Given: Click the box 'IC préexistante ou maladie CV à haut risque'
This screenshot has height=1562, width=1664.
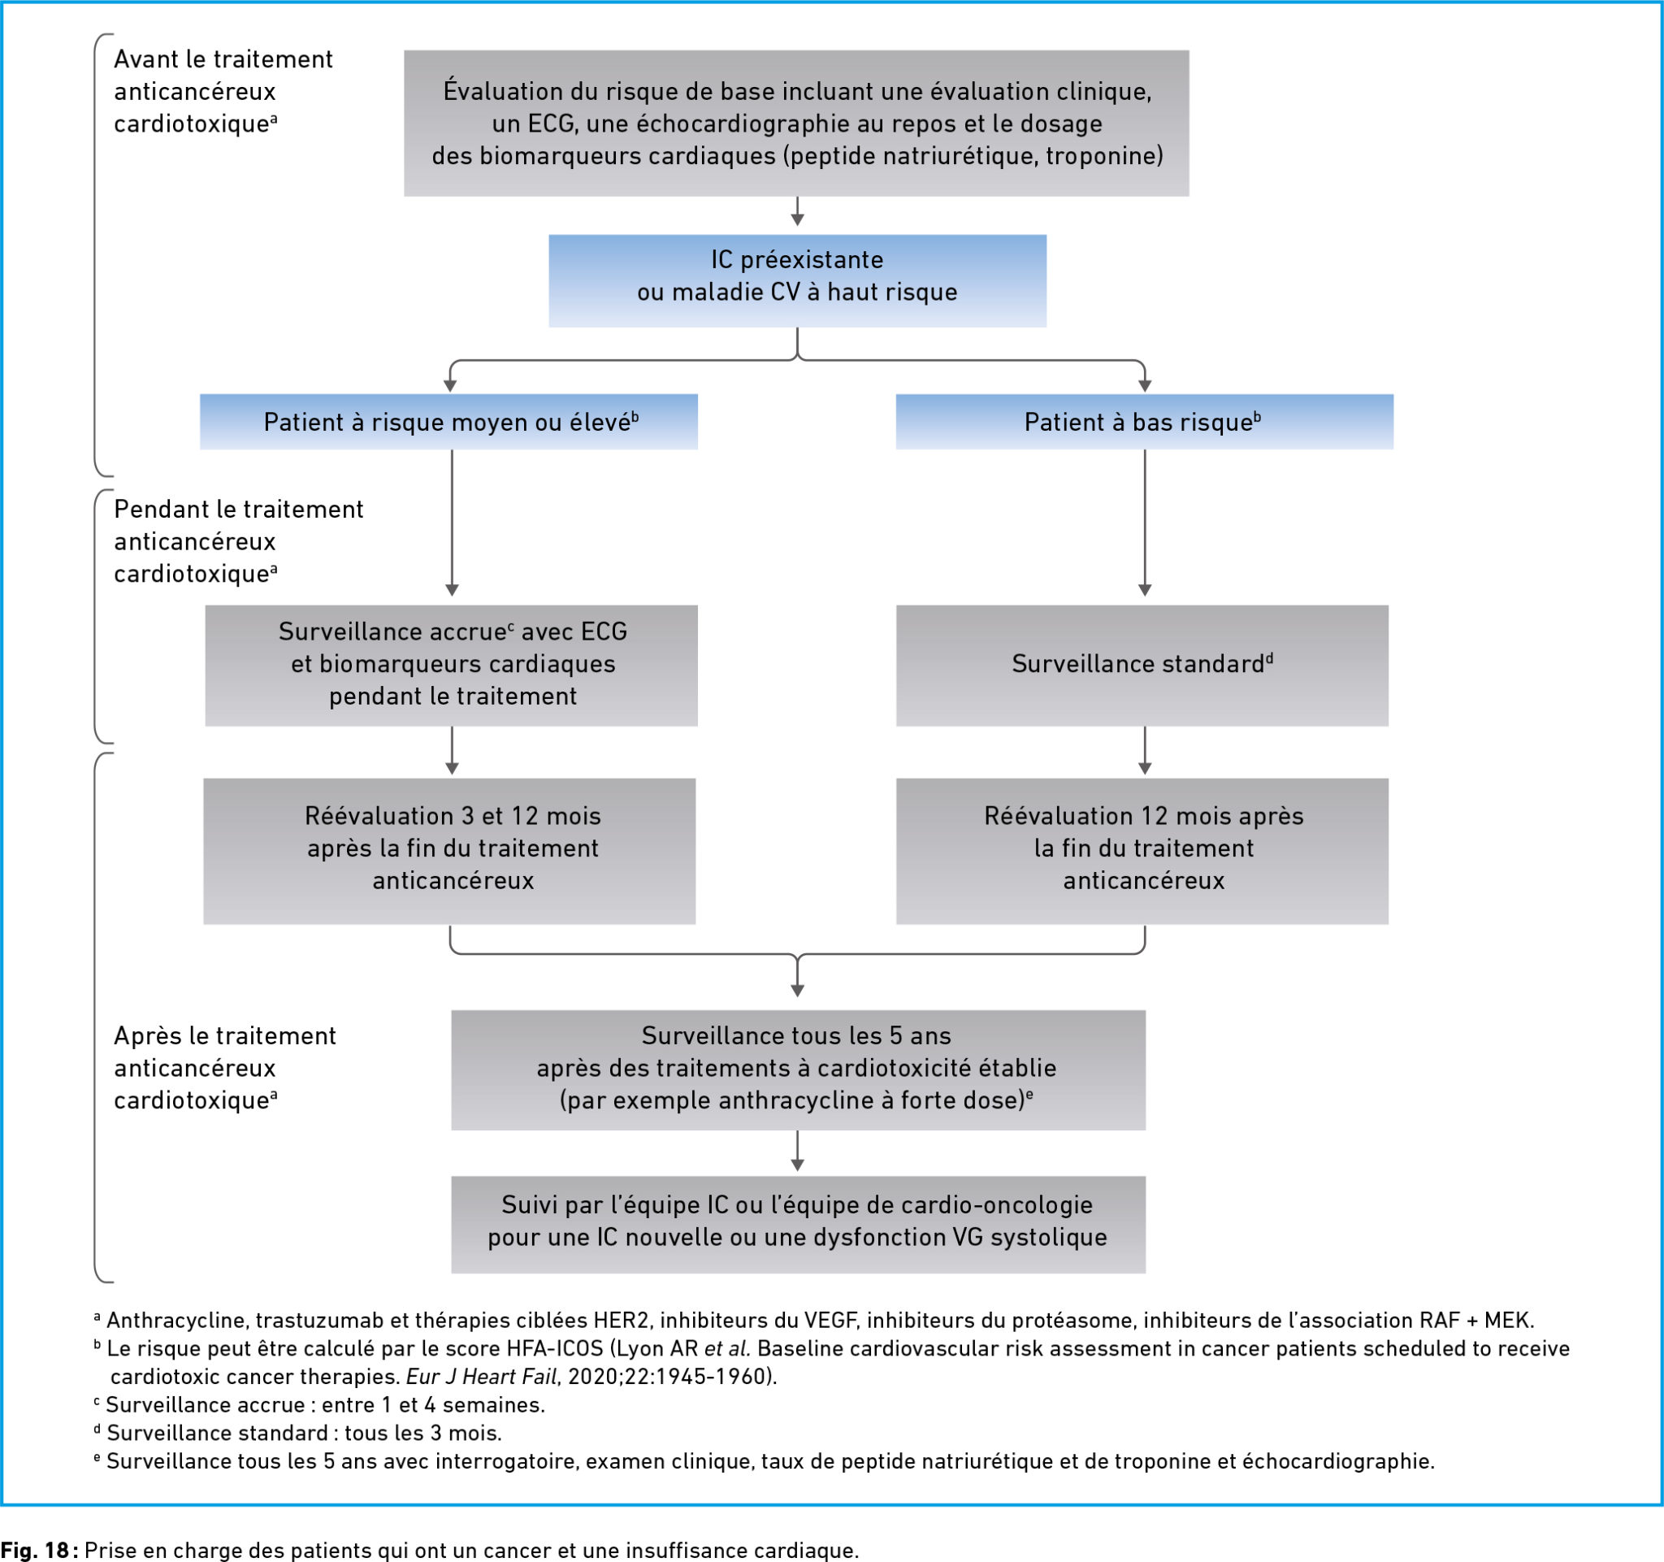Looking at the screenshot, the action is pos(797,280).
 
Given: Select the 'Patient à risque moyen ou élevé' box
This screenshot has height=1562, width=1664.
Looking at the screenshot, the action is pos(448,422).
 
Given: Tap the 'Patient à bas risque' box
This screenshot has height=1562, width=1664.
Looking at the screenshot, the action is pos(1144,422).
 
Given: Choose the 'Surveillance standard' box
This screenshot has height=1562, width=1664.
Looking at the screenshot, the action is pos(1142,666).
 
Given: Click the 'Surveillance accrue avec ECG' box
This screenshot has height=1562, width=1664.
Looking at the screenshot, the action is pos(451,666).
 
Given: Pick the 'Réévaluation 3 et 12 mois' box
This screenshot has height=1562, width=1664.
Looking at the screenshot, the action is pos(449,852).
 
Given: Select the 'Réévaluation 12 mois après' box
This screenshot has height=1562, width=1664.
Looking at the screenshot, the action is pos(1142,852).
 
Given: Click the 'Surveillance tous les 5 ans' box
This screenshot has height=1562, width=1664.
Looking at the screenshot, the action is pos(798,1070).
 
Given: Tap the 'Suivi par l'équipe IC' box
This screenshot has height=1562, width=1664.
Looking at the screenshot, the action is pos(798,1225).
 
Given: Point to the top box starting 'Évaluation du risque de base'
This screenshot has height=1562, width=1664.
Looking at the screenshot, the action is pos(796,123).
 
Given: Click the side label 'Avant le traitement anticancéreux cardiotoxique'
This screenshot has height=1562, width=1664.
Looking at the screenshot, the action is pos(223,91).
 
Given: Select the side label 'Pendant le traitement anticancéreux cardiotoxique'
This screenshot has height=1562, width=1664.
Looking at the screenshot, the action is pos(239,541).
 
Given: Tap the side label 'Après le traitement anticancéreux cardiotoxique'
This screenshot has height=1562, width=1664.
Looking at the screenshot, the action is pos(224,1068).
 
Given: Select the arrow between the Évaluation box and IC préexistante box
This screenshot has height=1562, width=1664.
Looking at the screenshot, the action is pos(797,211).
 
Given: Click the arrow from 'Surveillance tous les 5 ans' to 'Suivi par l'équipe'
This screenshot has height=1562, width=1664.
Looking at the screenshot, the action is pos(797,1151).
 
